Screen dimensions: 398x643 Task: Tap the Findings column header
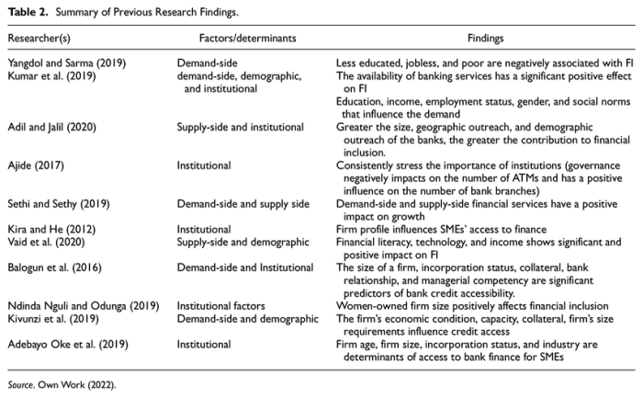(x=485, y=40)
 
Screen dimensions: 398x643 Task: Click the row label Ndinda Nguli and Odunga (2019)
(x=76, y=315)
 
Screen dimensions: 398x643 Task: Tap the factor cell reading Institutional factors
(x=220, y=315)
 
